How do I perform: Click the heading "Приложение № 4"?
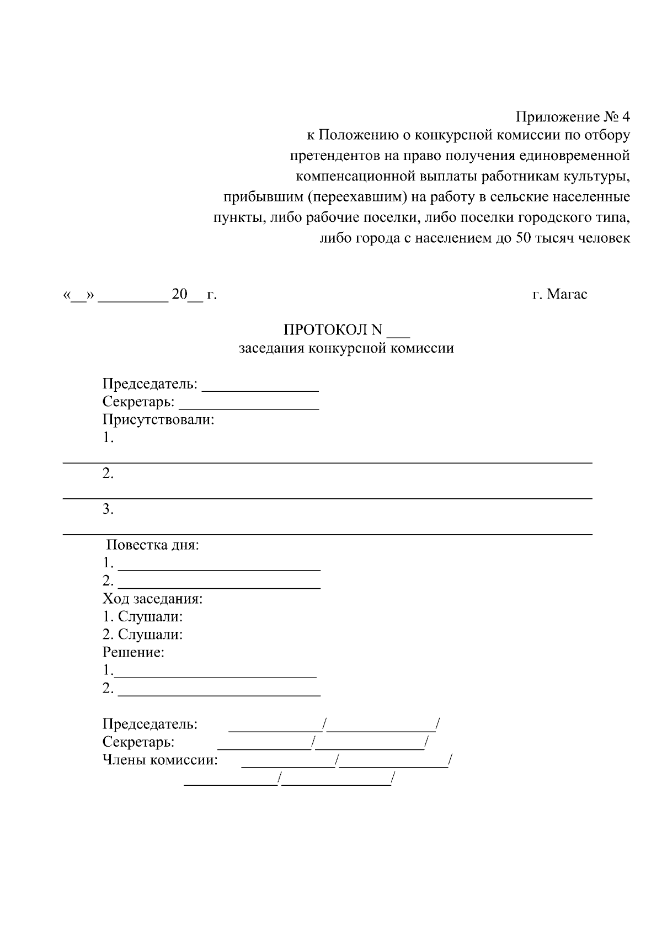(572, 117)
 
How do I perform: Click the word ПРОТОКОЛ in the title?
(325, 330)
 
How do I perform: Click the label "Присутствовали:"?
(158, 419)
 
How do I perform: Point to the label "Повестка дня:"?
(152, 545)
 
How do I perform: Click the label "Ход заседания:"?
(153, 598)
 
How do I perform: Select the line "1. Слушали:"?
(143, 616)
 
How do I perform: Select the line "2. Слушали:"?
(143, 635)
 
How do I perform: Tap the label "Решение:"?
(134, 652)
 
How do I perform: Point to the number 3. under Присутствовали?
(108, 509)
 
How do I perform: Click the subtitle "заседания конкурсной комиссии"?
(346, 348)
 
